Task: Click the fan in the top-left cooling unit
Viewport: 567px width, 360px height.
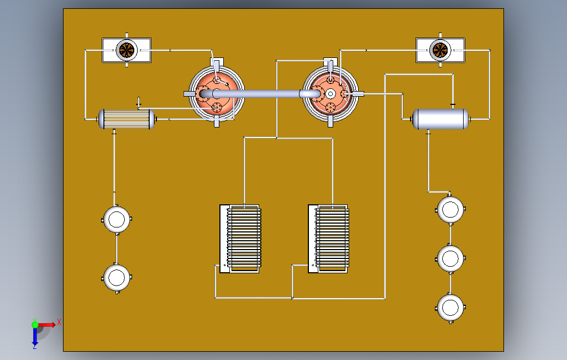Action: [x=127, y=50]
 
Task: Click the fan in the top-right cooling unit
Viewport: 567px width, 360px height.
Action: [x=440, y=50]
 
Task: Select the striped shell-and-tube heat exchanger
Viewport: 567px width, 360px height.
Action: [x=127, y=119]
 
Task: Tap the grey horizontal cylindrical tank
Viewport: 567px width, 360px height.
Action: [x=440, y=119]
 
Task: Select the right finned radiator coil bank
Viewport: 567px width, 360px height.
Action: [x=329, y=239]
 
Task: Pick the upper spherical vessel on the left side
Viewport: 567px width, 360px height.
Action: [x=117, y=219]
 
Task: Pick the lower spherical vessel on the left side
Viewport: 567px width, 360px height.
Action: [x=117, y=277]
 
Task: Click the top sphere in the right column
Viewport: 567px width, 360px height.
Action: [x=450, y=209]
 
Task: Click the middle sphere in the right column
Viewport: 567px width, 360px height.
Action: [x=450, y=257]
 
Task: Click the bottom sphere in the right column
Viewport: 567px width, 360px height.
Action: [x=450, y=306]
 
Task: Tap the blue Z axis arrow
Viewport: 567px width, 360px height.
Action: [x=35, y=337]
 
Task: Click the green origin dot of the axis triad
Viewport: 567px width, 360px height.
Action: [x=35, y=324]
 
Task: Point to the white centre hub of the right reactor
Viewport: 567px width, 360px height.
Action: [x=330, y=93]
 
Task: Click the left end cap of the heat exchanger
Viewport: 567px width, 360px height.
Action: [x=101, y=119]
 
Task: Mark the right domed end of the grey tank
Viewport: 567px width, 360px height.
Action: [x=465, y=119]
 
